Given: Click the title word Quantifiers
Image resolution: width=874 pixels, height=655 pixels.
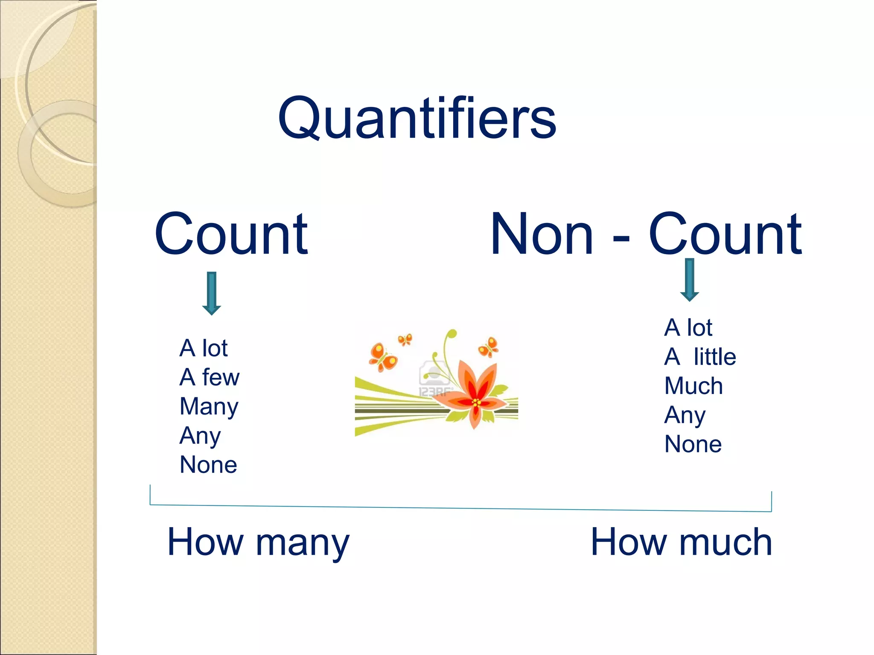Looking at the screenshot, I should pyautogui.click(x=417, y=118).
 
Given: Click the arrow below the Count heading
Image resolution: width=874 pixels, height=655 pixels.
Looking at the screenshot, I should pyautogui.click(x=212, y=293).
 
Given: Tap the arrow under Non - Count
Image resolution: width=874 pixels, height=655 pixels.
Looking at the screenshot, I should pyautogui.click(x=689, y=280).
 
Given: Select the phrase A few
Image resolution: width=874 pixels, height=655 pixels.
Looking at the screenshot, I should pyautogui.click(x=210, y=377).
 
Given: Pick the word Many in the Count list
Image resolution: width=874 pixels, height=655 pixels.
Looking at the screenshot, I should pyautogui.click(x=209, y=406).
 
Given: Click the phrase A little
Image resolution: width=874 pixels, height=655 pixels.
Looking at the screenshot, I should pyautogui.click(x=700, y=356).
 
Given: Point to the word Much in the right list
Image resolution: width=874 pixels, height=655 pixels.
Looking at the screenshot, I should pyautogui.click(x=693, y=386).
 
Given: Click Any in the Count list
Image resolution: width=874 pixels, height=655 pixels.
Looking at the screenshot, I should pyautogui.click(x=200, y=436).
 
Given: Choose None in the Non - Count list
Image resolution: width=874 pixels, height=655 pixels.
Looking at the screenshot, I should pyautogui.click(x=693, y=444).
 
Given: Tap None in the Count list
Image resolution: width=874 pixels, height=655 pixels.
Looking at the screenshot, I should pyautogui.click(x=208, y=464).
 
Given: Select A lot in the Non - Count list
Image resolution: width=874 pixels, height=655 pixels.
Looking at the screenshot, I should pyautogui.click(x=688, y=327).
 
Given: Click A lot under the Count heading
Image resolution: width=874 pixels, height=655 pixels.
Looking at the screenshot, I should pyautogui.click(x=204, y=348).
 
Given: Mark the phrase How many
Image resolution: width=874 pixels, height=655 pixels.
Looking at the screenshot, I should pyautogui.click(x=258, y=542).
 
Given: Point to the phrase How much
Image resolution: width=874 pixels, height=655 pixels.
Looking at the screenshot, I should pyautogui.click(x=681, y=542).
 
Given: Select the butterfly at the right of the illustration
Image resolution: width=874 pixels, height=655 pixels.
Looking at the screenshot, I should pyautogui.click(x=489, y=347).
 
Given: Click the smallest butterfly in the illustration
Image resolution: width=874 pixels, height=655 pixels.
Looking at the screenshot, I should pyautogui.click(x=405, y=340).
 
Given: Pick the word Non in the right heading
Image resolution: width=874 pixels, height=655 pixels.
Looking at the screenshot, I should pyautogui.click(x=542, y=234).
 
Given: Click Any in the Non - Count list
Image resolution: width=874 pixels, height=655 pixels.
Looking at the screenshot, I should pyautogui.click(x=685, y=415).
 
